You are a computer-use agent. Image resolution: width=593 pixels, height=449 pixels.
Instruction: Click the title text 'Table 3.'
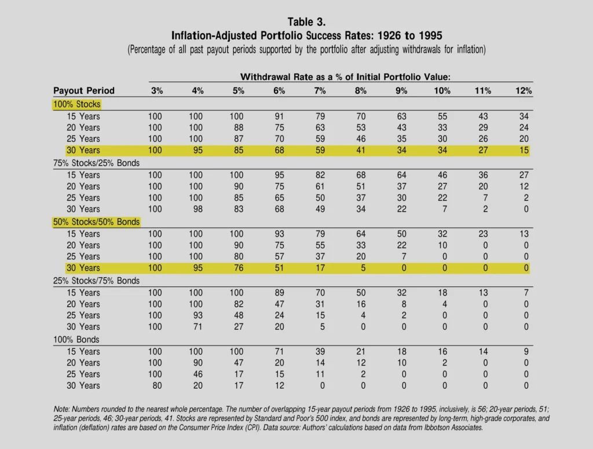click(306, 22)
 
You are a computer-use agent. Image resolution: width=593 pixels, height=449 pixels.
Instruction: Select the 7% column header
click(320, 91)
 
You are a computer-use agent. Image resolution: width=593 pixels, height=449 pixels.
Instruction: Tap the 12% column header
click(524, 91)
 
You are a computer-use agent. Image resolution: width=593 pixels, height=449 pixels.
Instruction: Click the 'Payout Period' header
click(83, 91)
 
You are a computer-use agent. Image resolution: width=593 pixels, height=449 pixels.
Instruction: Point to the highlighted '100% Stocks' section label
click(77, 104)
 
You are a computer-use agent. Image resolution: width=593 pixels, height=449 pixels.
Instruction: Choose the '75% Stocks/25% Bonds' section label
click(97, 163)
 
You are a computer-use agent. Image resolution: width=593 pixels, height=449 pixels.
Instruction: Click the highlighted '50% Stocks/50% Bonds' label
click(97, 222)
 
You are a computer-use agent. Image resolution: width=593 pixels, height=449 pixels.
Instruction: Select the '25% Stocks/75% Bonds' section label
click(97, 281)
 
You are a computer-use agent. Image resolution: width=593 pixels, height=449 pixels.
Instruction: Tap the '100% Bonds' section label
click(76, 340)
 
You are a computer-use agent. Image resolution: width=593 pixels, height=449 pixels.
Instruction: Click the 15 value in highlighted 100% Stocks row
click(524, 150)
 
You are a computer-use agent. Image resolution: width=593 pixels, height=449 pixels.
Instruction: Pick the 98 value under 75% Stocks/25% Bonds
click(197, 209)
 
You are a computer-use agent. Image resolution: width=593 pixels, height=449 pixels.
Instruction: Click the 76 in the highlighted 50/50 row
click(238, 268)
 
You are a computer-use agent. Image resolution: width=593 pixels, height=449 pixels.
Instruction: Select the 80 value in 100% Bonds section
click(157, 385)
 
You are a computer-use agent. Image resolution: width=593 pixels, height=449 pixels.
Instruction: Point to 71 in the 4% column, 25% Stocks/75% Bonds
click(197, 326)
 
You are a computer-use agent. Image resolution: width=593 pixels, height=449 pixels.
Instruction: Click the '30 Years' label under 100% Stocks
click(83, 150)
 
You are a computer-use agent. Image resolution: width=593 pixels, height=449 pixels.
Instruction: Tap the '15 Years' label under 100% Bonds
click(83, 351)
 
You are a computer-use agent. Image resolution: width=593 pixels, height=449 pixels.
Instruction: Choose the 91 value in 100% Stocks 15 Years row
click(279, 116)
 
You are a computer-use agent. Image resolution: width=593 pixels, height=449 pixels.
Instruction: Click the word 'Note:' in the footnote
click(61, 409)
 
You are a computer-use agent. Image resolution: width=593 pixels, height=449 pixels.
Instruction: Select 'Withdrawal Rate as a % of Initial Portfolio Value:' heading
click(345, 77)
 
